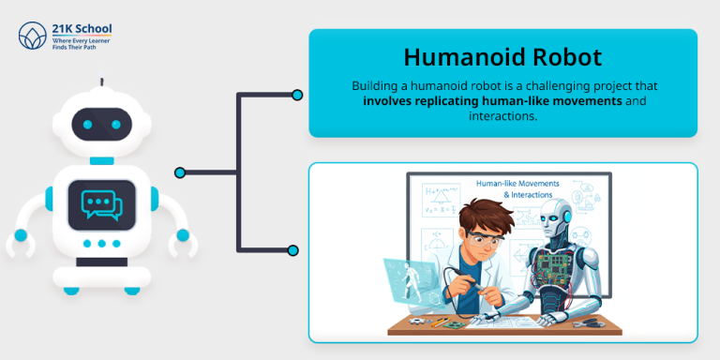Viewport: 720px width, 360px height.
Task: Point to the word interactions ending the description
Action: click(502, 115)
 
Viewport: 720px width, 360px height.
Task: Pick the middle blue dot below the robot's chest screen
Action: click(100, 243)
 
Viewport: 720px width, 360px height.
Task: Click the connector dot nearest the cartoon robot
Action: click(180, 172)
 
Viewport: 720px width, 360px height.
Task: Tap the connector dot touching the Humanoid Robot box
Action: click(297, 95)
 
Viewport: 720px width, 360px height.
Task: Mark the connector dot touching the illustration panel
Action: click(293, 250)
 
